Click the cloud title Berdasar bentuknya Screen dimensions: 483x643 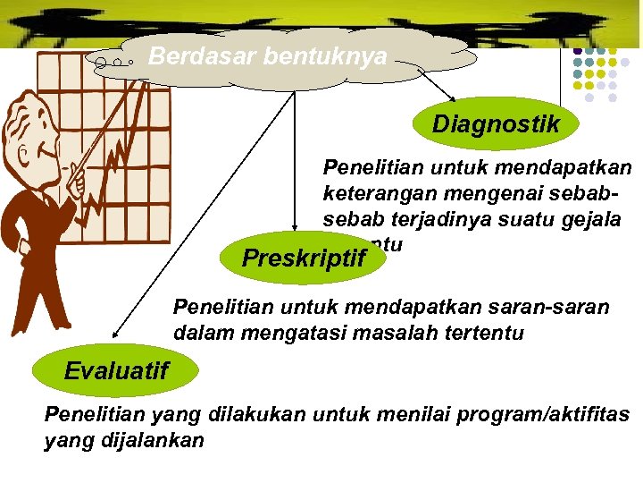tap(268, 57)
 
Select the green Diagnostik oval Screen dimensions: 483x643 tap(496, 124)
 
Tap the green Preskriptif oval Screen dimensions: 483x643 tap(304, 258)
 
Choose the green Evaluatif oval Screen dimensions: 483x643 tap(115, 370)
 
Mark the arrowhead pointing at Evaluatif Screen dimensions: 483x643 tap(114, 335)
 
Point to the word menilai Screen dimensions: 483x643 tap(394, 414)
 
